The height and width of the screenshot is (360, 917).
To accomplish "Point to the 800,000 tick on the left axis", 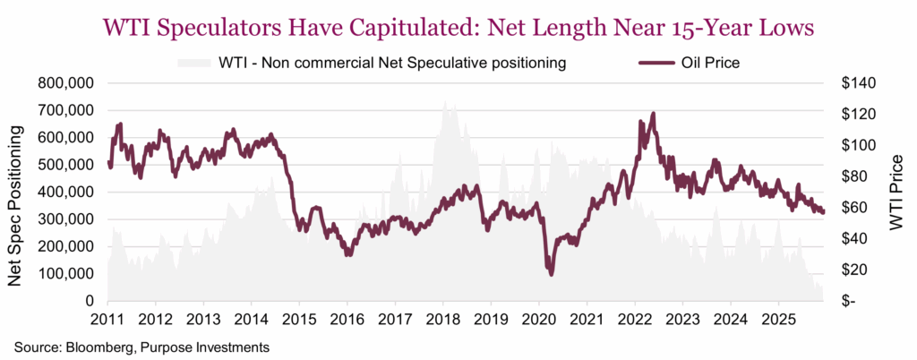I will click(x=66, y=83).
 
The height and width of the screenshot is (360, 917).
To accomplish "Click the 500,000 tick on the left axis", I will click(x=66, y=165).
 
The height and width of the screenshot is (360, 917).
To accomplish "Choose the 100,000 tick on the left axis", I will click(x=66, y=274).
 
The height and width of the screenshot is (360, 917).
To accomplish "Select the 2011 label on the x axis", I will click(x=108, y=320).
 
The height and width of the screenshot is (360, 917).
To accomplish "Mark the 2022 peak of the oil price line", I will click(x=653, y=114).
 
